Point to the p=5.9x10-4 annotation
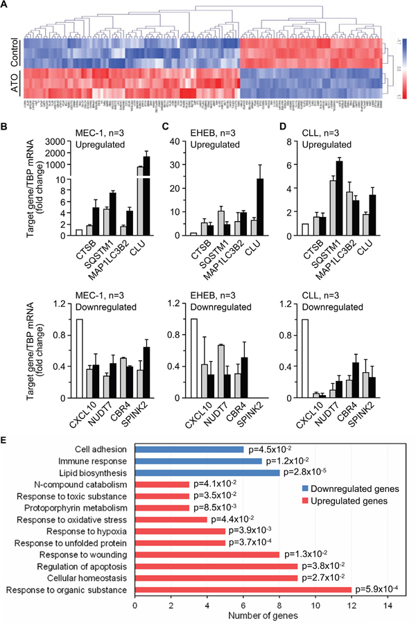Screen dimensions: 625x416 point(382,589)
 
